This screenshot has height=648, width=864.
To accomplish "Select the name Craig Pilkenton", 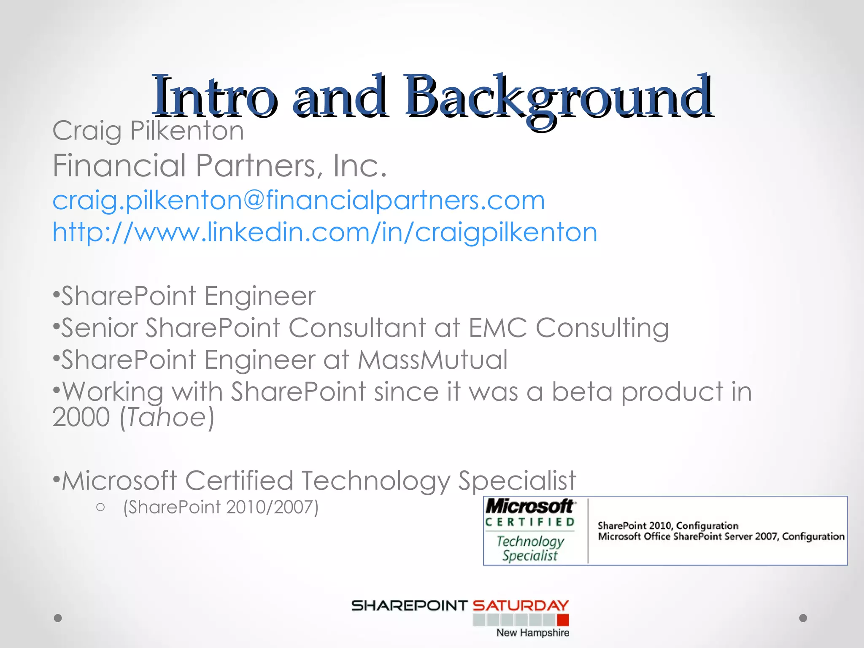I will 148,130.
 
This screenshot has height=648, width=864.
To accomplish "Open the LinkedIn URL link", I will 324,232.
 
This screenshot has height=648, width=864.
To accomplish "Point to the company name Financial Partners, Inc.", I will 219,165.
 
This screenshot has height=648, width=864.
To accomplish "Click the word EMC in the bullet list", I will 498,328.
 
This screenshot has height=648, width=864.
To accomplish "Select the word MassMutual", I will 432,360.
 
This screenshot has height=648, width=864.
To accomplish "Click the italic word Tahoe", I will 166,417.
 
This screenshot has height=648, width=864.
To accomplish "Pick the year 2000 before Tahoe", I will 81,417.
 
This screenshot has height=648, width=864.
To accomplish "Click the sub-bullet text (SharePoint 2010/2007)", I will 221,507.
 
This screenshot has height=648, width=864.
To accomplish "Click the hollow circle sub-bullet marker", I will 100,507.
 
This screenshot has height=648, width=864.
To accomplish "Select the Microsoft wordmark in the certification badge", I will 530,506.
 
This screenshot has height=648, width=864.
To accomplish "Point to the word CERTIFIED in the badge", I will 530,522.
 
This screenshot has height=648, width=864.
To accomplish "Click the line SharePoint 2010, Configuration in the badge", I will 668,526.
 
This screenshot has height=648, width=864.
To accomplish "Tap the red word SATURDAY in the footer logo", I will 521,606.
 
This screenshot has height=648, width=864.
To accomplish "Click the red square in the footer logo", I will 563,620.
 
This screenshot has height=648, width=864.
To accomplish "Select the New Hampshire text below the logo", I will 532,633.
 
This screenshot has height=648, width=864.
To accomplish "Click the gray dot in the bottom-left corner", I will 58,618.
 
